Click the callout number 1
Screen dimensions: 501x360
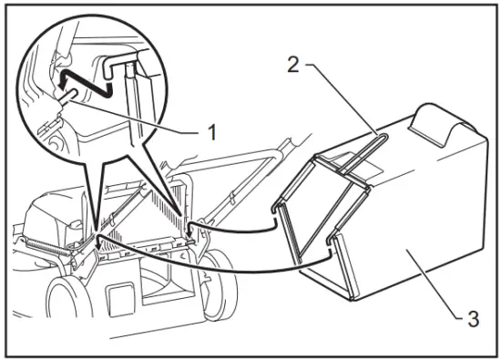point(210,131)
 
